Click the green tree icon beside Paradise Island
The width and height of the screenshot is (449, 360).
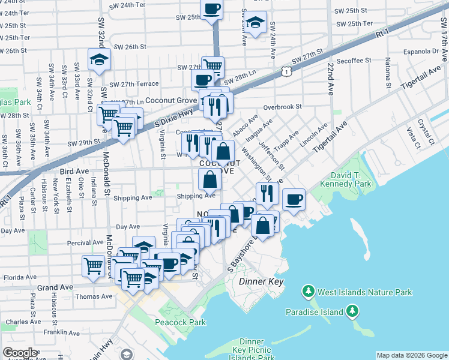(x=354, y=311)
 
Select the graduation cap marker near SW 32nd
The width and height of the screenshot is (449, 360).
(x=98, y=59)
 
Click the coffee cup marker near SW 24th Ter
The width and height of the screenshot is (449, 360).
(x=212, y=9)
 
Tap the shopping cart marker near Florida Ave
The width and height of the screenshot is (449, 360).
(x=93, y=265)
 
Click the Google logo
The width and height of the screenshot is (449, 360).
(x=20, y=353)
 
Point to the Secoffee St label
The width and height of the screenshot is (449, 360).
(x=354, y=61)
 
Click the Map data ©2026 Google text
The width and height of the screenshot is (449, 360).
(x=412, y=355)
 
